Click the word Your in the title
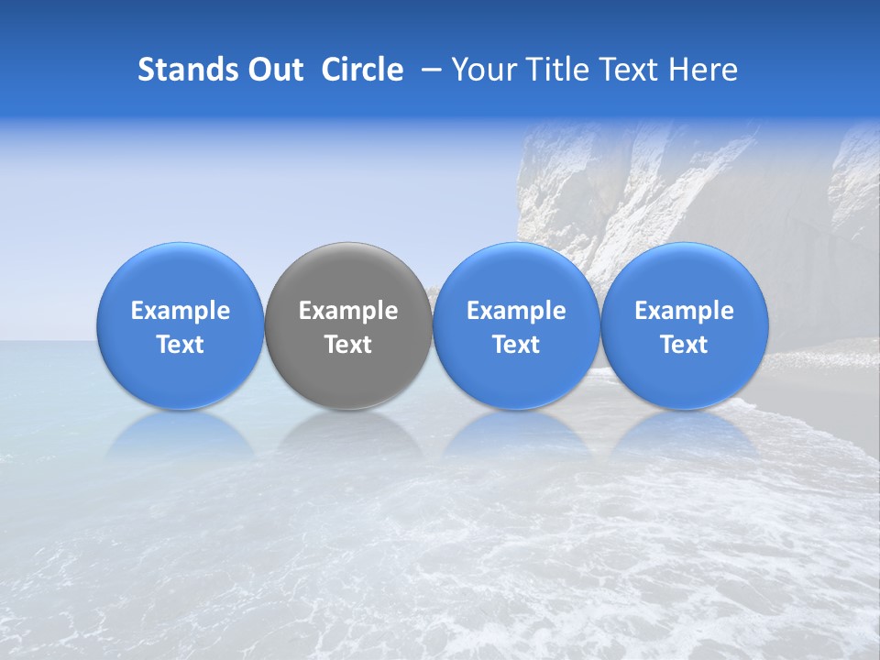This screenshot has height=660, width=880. (x=483, y=70)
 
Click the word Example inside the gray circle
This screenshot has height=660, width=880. (x=348, y=311)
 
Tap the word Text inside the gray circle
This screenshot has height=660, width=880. (x=348, y=345)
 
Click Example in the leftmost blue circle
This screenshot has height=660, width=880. (x=181, y=311)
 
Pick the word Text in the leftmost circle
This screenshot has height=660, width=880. (x=181, y=345)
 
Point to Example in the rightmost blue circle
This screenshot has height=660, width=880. (x=684, y=311)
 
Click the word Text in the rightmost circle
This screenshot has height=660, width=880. (x=684, y=345)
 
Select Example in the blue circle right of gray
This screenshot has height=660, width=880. (x=516, y=311)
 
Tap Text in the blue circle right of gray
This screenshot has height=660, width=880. (x=516, y=345)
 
